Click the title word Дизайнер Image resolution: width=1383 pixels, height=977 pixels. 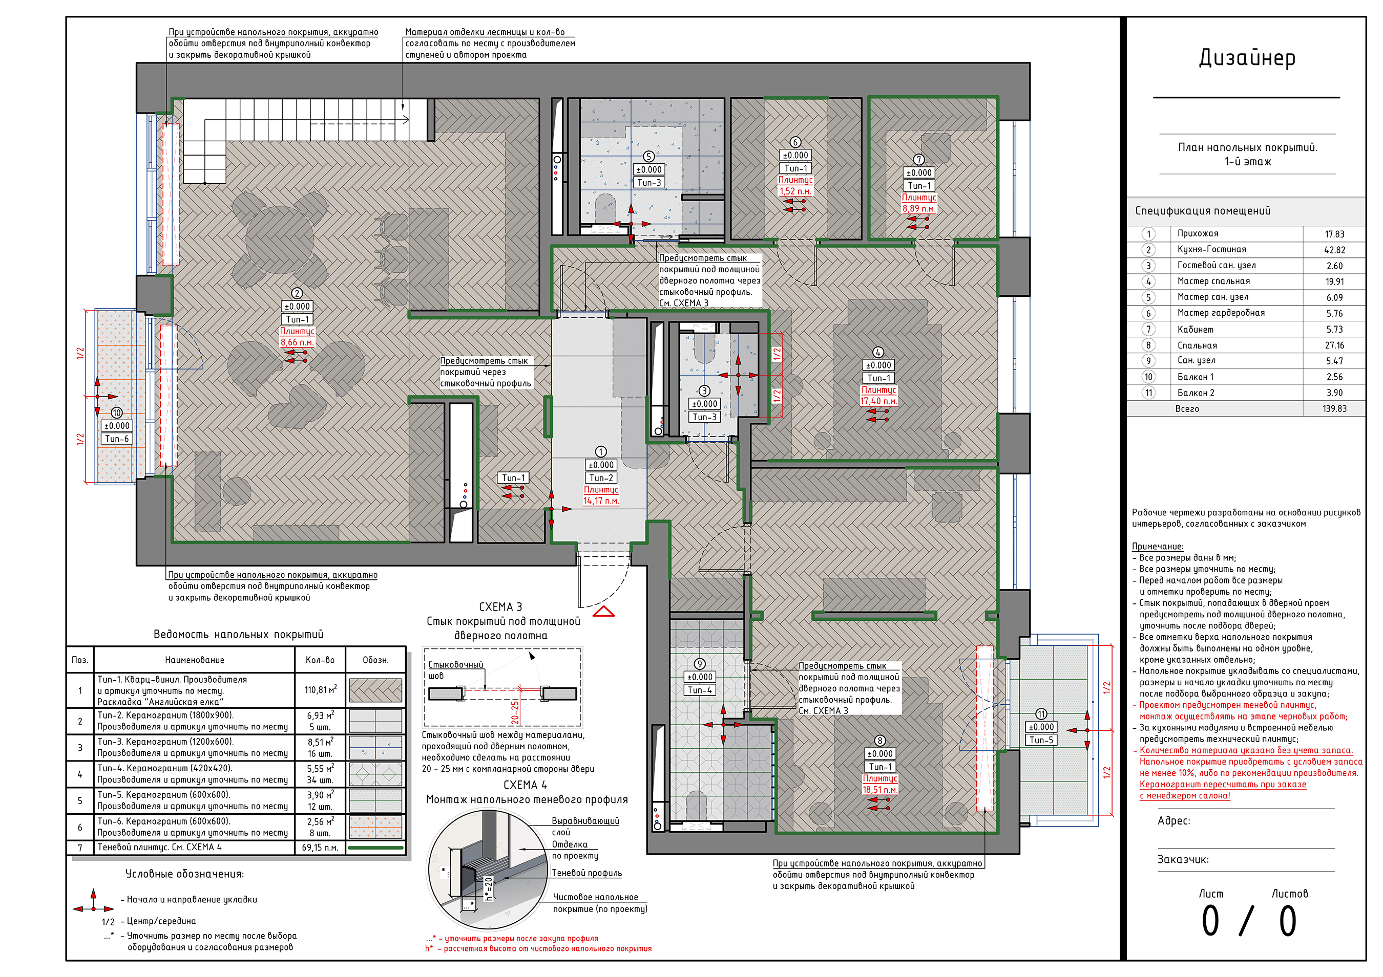(1246, 58)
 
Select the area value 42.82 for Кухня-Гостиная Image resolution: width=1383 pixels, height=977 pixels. (1334, 250)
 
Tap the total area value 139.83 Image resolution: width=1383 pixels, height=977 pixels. (1334, 409)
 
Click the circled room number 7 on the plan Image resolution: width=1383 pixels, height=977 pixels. (918, 160)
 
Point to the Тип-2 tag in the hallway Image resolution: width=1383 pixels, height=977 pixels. (601, 478)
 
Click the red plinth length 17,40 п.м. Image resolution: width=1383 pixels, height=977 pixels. (879, 401)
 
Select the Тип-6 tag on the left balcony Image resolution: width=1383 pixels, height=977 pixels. (117, 439)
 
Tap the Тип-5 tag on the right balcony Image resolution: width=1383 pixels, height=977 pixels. (1041, 740)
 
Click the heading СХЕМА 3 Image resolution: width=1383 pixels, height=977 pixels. (500, 607)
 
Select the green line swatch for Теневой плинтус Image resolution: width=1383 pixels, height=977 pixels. (376, 848)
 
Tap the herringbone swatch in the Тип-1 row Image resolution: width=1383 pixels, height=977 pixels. (376, 690)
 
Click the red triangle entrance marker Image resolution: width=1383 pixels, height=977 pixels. (603, 612)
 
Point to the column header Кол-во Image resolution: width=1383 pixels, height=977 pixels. (320, 660)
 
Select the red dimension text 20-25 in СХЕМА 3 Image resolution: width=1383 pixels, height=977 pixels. (515, 712)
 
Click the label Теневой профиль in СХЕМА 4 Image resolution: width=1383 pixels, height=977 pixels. (586, 873)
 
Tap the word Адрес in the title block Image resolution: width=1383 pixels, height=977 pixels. (1174, 821)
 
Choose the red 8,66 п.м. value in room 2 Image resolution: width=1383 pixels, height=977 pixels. (297, 342)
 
